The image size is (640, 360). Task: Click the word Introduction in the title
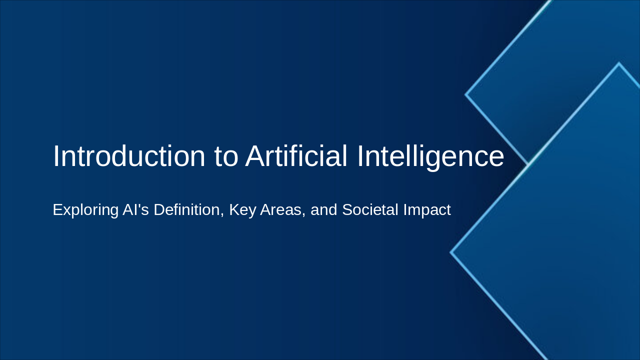pos(129,156)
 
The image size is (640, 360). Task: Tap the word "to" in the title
pos(226,156)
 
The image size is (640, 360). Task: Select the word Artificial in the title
pos(296,156)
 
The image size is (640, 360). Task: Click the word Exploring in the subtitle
pos(85,210)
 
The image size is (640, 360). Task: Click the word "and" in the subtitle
pos(324,210)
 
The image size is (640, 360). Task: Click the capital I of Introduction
pos(55,156)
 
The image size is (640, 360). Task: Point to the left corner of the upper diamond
pos(466,94)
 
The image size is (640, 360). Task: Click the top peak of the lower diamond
pos(619,63)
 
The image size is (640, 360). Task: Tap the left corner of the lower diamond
pos(451,252)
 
